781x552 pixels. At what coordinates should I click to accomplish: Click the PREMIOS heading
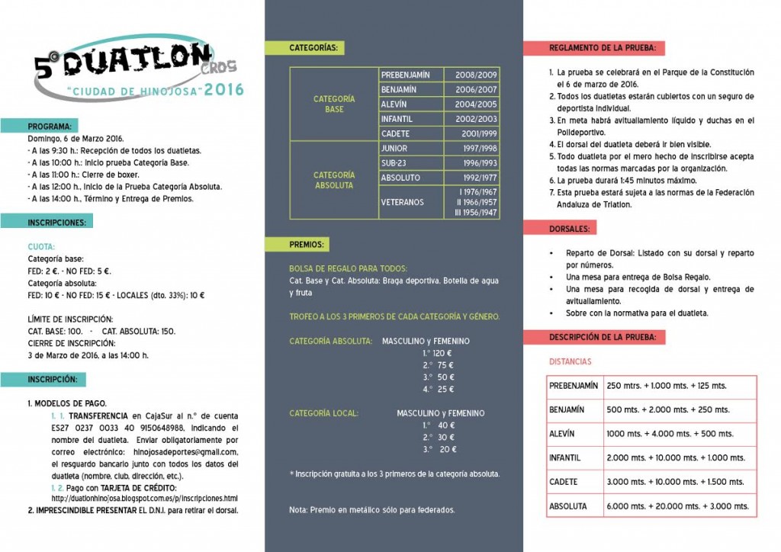307,245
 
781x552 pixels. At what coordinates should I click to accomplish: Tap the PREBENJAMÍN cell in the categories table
405,75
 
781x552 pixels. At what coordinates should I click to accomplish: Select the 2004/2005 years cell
476,104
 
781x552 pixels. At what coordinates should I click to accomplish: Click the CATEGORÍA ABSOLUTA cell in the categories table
334,180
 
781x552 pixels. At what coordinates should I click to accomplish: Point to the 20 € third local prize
441,449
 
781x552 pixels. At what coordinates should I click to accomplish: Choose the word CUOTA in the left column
41,247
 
